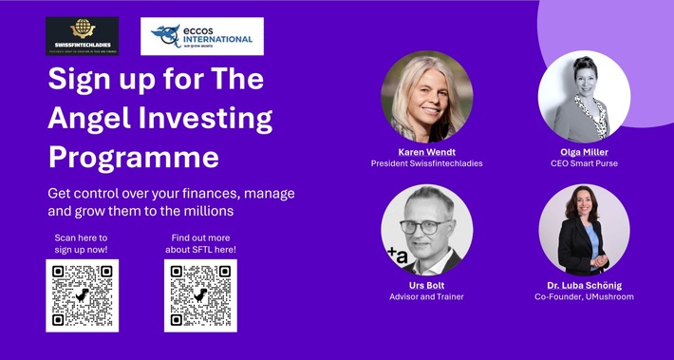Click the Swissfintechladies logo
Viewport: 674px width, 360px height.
tap(83, 36)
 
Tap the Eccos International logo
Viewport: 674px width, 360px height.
tap(201, 36)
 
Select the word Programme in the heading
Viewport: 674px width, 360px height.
tap(133, 157)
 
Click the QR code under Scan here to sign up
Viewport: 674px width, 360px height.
tap(83, 294)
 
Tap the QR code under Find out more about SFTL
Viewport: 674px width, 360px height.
tap(200, 294)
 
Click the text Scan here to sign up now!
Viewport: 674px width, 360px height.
tap(82, 243)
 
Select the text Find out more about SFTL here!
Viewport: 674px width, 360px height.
tap(200, 243)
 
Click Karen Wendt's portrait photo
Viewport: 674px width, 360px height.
tap(426, 97)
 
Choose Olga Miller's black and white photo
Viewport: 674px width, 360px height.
tap(583, 97)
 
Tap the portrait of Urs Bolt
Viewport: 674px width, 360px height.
tap(426, 230)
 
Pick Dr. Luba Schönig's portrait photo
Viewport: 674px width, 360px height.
tap(584, 230)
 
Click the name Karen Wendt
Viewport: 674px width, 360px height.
tap(426, 152)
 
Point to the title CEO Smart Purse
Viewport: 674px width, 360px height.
tap(584, 163)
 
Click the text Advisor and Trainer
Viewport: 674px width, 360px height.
tap(426, 297)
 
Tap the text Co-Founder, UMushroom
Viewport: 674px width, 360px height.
tap(584, 297)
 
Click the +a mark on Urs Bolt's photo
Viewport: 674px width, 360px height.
tap(396, 253)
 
